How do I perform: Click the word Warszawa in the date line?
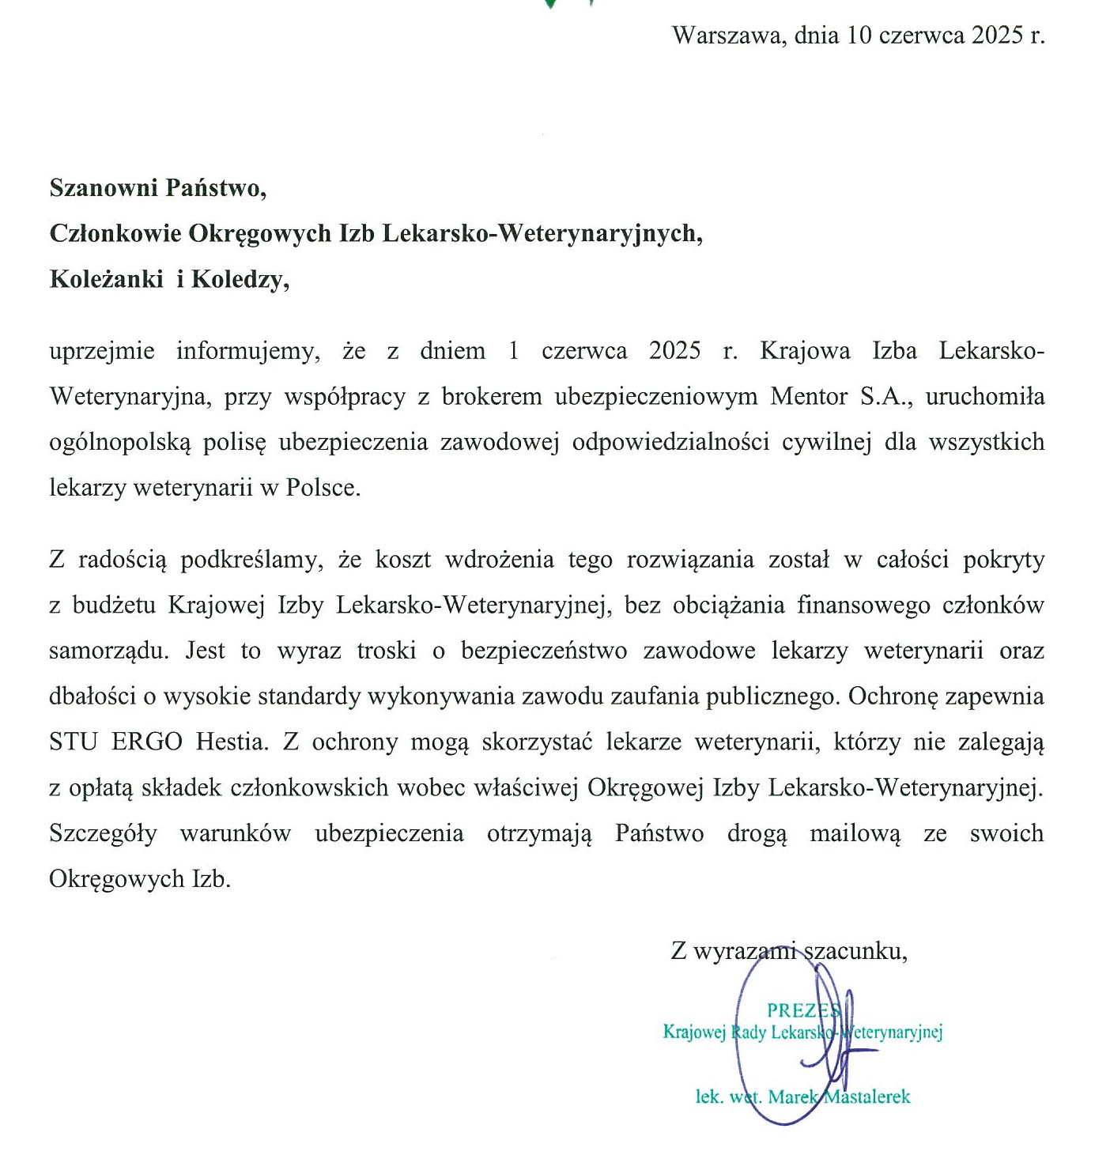[725, 36]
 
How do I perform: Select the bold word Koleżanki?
[106, 279]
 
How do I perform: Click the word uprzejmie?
[102, 351]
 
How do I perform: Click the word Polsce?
[323, 488]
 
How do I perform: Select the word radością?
[123, 560]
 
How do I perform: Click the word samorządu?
[108, 651]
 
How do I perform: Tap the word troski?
[387, 651]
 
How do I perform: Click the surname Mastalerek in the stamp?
[867, 1097]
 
